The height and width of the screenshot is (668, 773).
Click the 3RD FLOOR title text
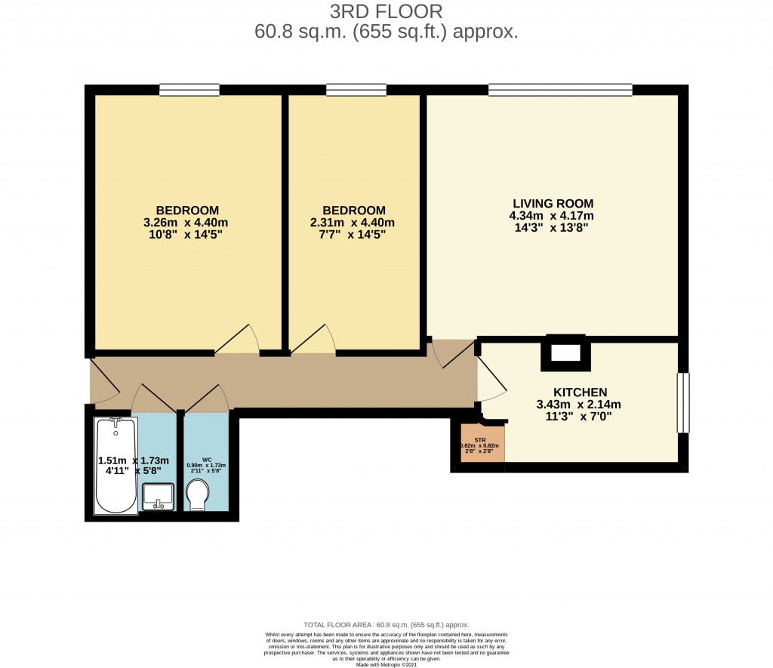point(386,12)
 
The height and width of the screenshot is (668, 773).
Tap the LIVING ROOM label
point(553,204)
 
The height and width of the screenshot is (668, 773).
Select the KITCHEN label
point(580,392)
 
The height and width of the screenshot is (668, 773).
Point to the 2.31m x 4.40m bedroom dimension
point(353,223)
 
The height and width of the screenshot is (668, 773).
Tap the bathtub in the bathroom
point(116,466)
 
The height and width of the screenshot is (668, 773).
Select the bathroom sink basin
point(159,496)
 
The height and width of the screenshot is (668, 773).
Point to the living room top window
point(560,90)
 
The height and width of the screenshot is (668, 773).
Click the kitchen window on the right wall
point(683,402)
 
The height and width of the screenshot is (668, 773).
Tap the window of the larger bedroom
point(189,90)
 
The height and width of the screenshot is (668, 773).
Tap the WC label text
point(206,459)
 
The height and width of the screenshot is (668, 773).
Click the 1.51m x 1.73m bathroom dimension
point(134,461)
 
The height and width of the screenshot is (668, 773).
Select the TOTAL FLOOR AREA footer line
point(386,625)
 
